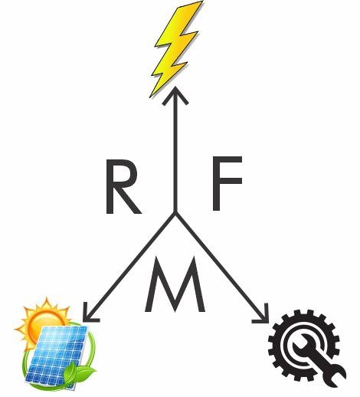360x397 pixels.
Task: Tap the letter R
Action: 123,186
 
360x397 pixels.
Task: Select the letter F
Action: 227,183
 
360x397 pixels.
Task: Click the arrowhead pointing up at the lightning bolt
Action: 175,95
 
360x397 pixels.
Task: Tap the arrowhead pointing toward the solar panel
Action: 90,313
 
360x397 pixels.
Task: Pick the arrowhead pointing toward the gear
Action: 263,315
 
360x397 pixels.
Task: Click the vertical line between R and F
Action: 175,150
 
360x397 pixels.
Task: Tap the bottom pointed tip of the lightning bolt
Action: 150,97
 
